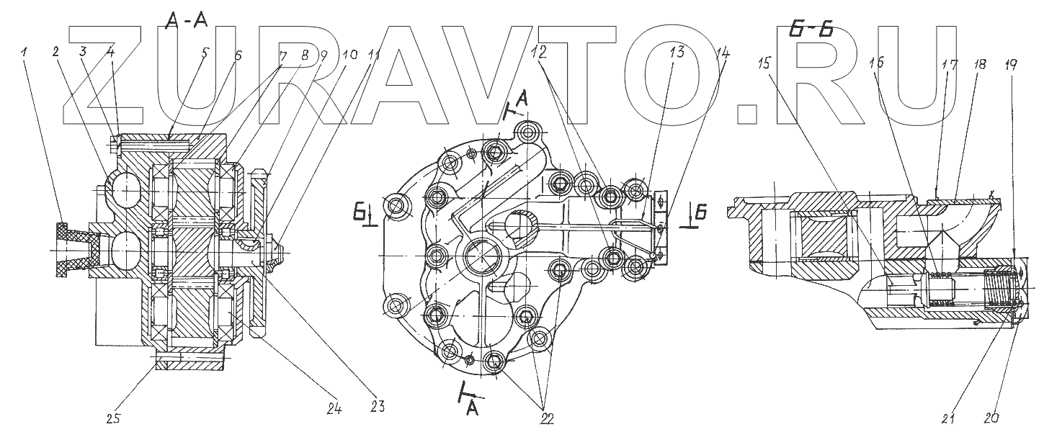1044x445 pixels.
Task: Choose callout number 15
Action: (765, 63)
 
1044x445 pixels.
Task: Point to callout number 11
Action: (373, 54)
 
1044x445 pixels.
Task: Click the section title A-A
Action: (186, 22)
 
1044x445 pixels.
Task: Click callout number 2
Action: (55, 52)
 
